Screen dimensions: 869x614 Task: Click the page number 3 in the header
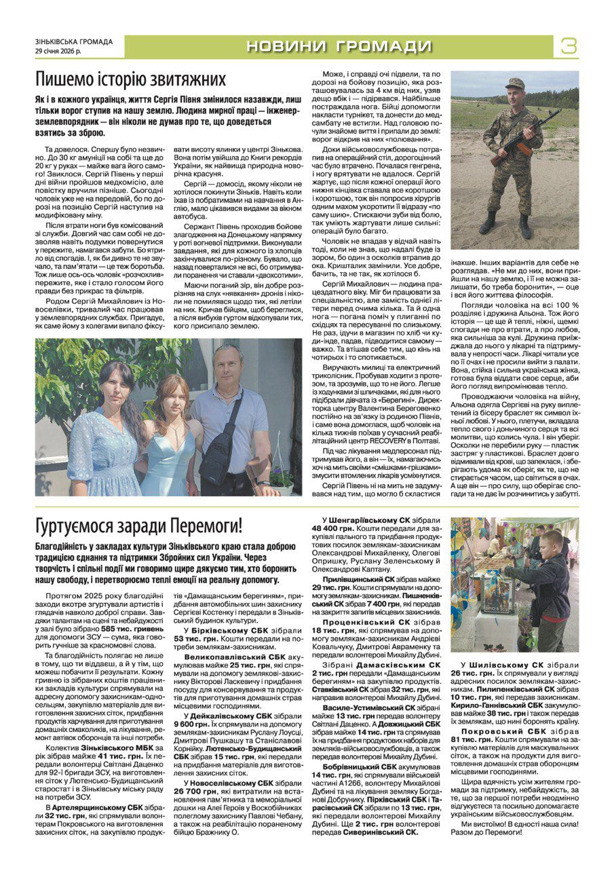[569, 46]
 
